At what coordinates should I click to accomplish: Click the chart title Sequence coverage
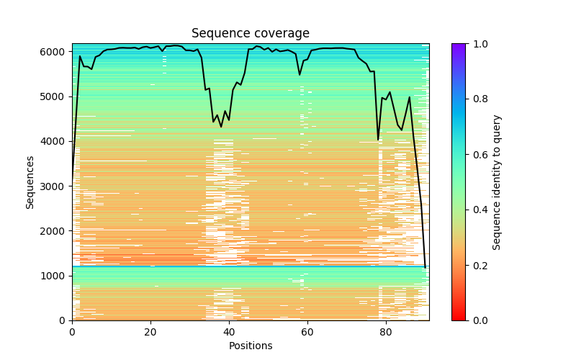[250, 34]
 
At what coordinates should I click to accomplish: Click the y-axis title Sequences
[30, 182]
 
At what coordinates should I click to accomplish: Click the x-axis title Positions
[251, 346]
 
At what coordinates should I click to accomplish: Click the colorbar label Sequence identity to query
[497, 182]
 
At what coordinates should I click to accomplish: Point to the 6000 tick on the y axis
[54, 52]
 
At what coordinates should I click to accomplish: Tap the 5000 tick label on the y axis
[54, 96]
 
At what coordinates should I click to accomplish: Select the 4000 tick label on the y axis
[54, 141]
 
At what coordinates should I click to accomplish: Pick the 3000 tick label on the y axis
[54, 186]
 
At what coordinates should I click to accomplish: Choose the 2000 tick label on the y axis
[54, 231]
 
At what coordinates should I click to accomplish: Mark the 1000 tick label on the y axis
[54, 276]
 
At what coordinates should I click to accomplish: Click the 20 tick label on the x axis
[150, 333]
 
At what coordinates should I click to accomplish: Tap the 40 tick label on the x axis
[229, 333]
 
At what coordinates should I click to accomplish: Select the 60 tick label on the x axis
[307, 333]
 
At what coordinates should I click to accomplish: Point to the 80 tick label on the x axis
[386, 333]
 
